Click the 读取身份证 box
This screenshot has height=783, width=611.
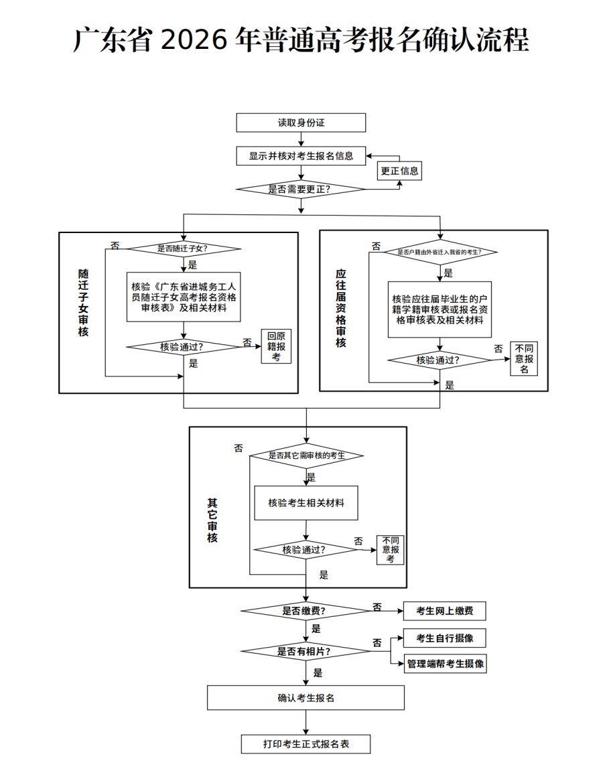pos(301,123)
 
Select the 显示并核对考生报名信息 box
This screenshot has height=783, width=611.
pos(301,155)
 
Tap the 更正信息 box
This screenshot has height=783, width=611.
pos(400,171)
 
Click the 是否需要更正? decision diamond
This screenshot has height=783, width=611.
pos(301,189)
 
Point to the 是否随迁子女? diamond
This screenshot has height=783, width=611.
pos(184,248)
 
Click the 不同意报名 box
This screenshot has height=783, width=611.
pos(524,358)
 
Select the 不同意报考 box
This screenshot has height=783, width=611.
pos(390,549)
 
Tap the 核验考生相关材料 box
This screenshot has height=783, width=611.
pos(306,503)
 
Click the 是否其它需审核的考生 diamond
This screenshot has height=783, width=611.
pos(306,455)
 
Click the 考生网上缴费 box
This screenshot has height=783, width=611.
pos(444,611)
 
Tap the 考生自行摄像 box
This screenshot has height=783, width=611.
pos(444,638)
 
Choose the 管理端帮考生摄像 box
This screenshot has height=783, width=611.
pos(445,664)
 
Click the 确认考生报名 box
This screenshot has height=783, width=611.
pos(305,698)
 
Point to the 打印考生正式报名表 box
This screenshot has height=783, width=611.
pos(305,744)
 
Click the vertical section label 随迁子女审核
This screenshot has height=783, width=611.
pos(84,303)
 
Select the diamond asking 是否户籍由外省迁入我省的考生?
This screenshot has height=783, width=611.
pos(439,253)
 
